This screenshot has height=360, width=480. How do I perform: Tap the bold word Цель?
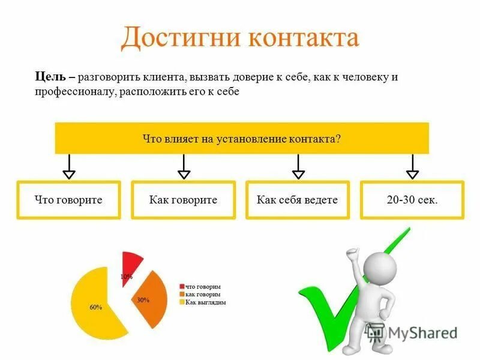[x=48, y=77]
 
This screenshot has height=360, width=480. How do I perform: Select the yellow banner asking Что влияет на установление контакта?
[x=242, y=138]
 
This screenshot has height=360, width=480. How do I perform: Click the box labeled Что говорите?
[x=68, y=200]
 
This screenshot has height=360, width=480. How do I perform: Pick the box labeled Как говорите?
[x=183, y=200]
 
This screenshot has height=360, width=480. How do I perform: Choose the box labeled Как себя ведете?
[x=297, y=200]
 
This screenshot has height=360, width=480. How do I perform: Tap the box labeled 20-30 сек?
[x=412, y=200]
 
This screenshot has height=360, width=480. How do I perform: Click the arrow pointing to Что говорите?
[x=69, y=166]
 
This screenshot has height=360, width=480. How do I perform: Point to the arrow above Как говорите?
[x=184, y=166]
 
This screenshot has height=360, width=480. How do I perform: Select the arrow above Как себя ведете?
[x=298, y=166]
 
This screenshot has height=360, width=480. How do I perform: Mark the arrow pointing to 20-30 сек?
[x=412, y=166]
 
